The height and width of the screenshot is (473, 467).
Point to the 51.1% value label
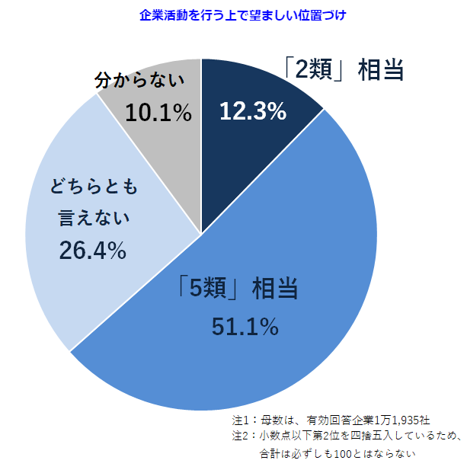click(x=245, y=328)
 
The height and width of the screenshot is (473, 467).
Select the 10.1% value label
click(x=158, y=113)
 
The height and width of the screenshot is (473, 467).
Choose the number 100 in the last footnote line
click(x=364, y=455)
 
